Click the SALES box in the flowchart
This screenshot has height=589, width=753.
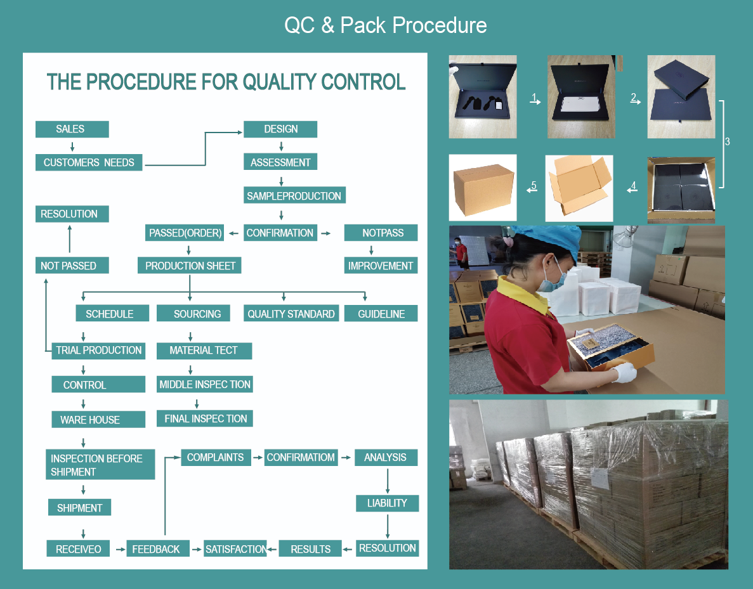[72, 129]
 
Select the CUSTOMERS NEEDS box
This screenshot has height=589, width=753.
[89, 163]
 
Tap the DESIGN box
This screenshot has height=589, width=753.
[280, 129]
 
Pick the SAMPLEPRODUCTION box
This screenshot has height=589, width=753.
[294, 196]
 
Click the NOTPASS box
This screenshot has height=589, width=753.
[381, 233]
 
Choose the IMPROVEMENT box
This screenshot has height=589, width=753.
[381, 266]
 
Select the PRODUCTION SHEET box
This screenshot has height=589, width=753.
[190, 266]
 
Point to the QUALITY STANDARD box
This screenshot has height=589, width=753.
[291, 314]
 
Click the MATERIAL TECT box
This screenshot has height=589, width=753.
[204, 351]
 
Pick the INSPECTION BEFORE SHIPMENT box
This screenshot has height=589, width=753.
[100, 465]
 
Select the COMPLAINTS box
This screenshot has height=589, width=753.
[216, 458]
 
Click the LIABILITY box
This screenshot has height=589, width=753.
[387, 503]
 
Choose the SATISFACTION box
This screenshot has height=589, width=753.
[235, 549]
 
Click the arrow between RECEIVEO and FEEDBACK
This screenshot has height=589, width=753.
[120, 549]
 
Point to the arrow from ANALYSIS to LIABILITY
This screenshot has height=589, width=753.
[388, 481]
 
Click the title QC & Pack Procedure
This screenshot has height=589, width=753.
[386, 25]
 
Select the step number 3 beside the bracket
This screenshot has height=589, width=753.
[727, 142]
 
